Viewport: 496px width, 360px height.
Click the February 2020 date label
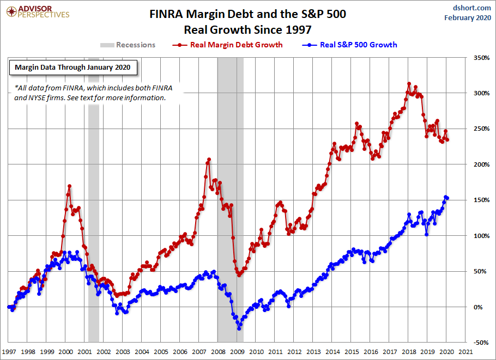468,17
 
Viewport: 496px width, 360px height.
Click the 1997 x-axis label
9,351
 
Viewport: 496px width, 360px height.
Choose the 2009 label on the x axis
237,351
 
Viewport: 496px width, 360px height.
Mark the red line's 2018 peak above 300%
409,84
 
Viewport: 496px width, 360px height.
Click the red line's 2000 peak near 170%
69,186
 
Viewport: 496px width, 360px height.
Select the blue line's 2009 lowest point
239,328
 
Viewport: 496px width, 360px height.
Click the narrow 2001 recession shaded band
93,218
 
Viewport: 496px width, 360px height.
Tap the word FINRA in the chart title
166,15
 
